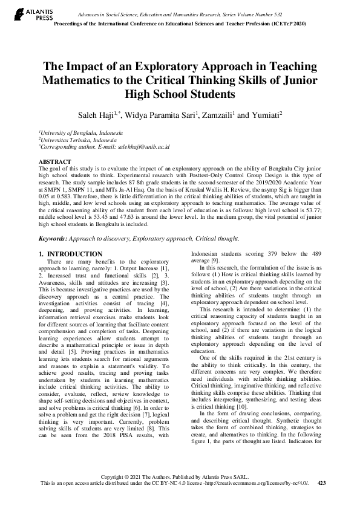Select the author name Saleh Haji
coord(119,115)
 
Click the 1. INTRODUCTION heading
coord(70,253)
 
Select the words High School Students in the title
coord(180,94)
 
